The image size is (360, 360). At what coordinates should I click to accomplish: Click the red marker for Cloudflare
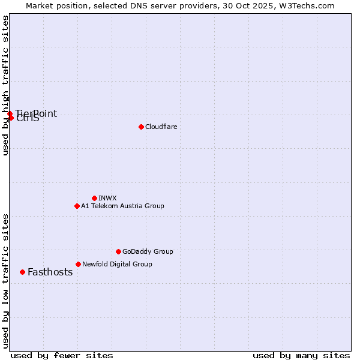[141, 127]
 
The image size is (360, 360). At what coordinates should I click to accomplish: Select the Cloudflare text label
[161, 127]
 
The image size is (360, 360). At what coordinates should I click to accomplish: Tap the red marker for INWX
[94, 198]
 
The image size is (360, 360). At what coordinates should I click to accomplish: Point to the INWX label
[107, 198]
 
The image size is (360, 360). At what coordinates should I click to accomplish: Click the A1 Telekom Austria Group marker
[77, 206]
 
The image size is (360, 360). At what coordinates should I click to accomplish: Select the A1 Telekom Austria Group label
[122, 206]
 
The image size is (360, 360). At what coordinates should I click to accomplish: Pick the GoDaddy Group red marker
[118, 251]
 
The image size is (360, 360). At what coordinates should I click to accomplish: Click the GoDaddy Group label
[148, 251]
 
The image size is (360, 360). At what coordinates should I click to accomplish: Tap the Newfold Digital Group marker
[78, 264]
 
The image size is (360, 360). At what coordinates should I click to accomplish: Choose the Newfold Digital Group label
[117, 264]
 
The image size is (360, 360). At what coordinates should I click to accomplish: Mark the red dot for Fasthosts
[22, 272]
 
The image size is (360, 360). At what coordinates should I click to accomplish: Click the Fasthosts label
[50, 272]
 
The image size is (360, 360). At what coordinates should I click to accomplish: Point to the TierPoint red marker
[10, 113]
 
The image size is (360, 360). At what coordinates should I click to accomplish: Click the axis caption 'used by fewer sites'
[62, 355]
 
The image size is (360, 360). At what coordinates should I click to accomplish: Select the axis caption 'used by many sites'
[301, 355]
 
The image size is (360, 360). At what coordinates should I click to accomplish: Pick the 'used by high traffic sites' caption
[5, 85]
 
